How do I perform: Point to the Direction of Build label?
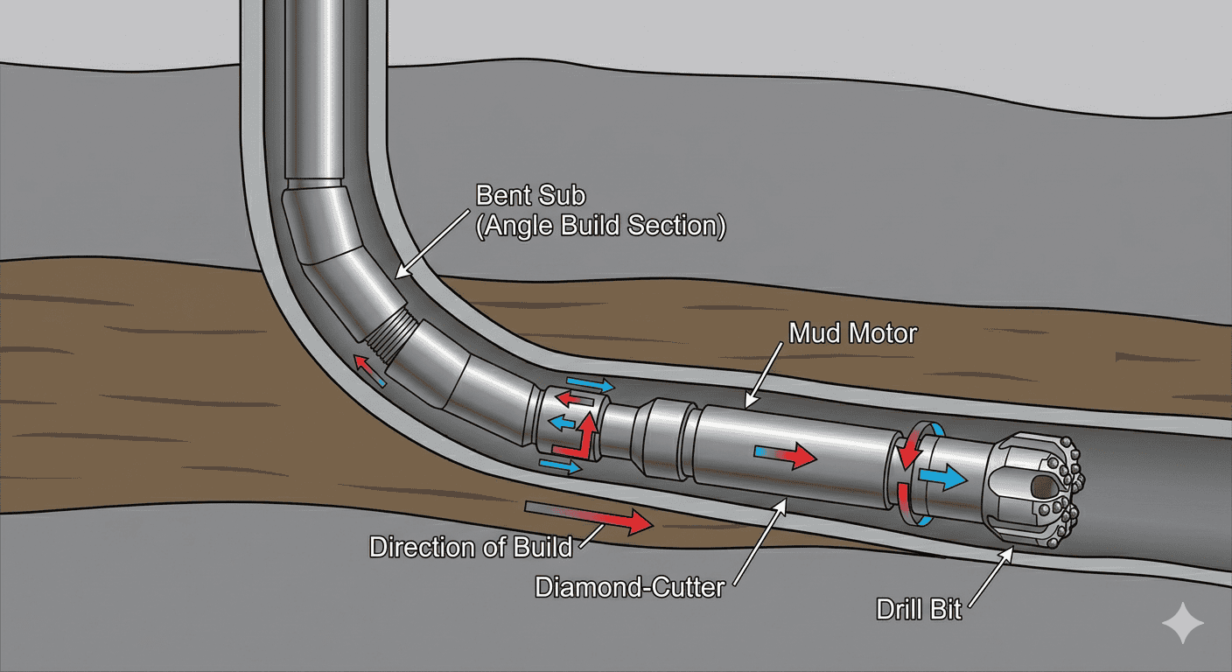point(470,548)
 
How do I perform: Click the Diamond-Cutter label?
point(629,587)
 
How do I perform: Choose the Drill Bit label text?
point(919,609)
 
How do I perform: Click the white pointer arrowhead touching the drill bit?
point(1011,551)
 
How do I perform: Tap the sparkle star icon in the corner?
point(1182,622)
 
